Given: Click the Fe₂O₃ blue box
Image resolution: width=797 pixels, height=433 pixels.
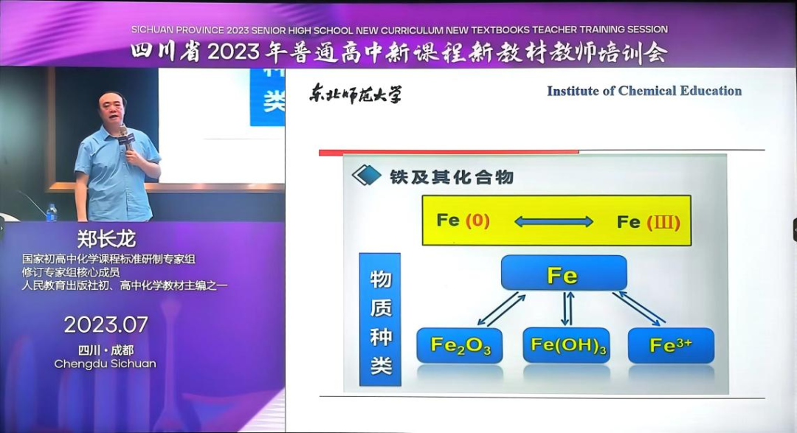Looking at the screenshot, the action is [460, 345].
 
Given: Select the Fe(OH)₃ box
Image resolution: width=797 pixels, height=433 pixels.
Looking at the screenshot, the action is [566, 345].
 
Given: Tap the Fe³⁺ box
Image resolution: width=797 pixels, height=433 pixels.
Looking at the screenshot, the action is [671, 345].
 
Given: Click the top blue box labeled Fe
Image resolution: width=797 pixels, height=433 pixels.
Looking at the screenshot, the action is [564, 274].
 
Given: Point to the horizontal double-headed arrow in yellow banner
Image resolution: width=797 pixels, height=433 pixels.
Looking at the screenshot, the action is [553, 221].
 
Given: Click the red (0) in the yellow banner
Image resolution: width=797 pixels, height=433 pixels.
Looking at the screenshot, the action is [477, 221].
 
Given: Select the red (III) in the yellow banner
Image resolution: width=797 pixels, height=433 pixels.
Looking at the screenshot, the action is [663, 222].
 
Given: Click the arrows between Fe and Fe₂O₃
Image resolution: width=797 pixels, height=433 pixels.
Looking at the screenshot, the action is [501, 309].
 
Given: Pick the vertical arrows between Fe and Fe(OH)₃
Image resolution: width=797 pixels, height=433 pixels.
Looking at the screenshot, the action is [567, 308].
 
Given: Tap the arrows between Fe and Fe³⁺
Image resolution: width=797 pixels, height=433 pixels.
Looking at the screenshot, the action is [639, 308].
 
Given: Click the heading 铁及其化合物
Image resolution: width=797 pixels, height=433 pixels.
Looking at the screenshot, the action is [452, 177].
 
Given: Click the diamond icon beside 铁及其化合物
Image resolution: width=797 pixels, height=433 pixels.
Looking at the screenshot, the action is [366, 176].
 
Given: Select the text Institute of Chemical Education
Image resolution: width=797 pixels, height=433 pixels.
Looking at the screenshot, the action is [644, 91].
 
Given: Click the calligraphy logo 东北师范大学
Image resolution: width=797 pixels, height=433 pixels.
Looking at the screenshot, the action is [355, 94].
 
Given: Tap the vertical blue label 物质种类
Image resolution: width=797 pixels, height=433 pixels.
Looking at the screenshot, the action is [380, 319].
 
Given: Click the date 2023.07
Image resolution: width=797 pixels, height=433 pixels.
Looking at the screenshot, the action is [106, 325].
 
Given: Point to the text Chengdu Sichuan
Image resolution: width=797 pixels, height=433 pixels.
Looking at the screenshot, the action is [106, 364].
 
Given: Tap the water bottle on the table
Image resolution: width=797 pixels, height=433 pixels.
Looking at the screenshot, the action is [52, 212].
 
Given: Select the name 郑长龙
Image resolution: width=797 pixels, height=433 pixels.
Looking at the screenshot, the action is [106, 238].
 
